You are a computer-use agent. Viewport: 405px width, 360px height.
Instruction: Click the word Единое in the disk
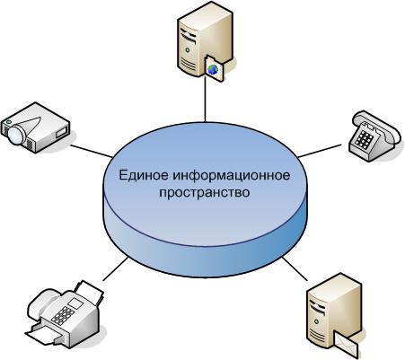click(x=144, y=175)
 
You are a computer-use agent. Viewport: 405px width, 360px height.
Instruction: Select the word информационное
click(x=232, y=176)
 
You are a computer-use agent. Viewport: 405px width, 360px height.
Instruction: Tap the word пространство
click(x=205, y=193)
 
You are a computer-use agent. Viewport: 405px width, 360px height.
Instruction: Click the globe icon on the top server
click(x=213, y=69)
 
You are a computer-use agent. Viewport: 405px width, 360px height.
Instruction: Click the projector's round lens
click(x=16, y=134)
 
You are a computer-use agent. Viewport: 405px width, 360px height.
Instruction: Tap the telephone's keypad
click(x=363, y=139)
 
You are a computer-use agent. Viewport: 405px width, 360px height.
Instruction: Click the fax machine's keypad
click(x=63, y=315)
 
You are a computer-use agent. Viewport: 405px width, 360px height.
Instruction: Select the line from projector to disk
click(x=92, y=152)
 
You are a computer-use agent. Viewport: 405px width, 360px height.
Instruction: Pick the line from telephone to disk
click(x=320, y=151)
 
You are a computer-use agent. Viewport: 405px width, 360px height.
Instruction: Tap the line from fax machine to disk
click(x=116, y=268)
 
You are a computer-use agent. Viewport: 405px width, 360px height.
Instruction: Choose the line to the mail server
click(x=295, y=268)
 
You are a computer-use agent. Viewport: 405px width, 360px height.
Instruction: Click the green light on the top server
click(x=188, y=50)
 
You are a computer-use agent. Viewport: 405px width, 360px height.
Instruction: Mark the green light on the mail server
click(x=316, y=321)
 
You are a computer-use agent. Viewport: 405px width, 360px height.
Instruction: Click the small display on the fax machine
click(x=75, y=303)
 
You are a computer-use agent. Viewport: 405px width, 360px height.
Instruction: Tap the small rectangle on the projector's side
click(x=60, y=132)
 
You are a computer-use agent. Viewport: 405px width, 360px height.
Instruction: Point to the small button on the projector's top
click(x=8, y=122)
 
